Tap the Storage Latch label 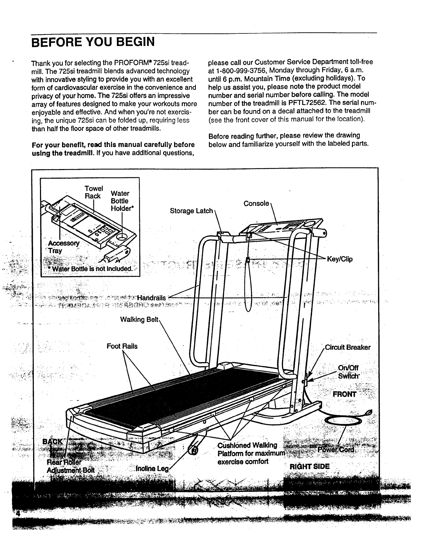tap(191, 211)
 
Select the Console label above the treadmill tap(256, 203)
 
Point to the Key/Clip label tap(340, 259)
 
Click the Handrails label tap(151, 298)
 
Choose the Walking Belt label tap(139, 319)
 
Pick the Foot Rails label tap(122, 346)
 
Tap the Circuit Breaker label tap(348, 347)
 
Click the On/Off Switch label tap(348, 371)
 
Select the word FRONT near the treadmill tap(344, 394)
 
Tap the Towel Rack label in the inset tap(93, 192)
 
